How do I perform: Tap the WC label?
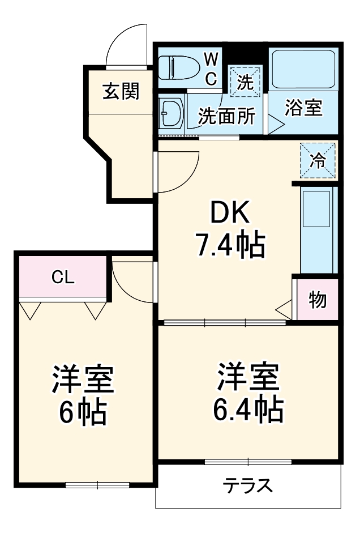(x=211, y=68)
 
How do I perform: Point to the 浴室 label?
(x=303, y=109)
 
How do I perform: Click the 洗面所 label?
(x=226, y=117)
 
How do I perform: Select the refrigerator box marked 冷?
(x=318, y=160)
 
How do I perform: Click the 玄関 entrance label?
(x=121, y=91)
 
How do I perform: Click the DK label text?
(x=230, y=214)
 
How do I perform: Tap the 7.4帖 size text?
(x=230, y=245)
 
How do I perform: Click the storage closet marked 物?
(x=318, y=300)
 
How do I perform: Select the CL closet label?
(x=63, y=276)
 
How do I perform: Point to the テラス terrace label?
(x=248, y=486)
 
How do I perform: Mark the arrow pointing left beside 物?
(x=283, y=309)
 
